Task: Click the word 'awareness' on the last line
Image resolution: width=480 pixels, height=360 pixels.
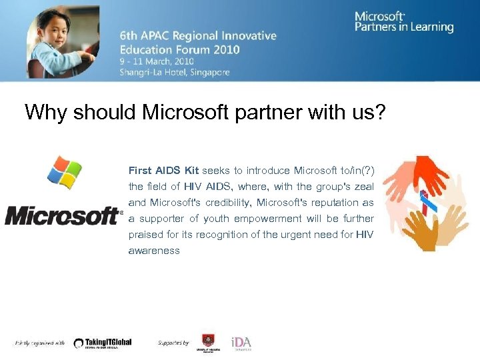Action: [x=154, y=251]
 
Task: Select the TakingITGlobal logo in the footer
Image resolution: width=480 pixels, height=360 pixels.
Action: [x=103, y=343]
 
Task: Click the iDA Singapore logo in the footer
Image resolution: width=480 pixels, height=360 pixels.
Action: [x=241, y=343]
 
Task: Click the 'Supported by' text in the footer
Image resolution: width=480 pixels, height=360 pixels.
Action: [x=173, y=343]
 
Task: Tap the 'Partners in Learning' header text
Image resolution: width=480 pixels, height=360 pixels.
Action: [x=403, y=27]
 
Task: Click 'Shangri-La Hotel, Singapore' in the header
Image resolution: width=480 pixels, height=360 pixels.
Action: [x=175, y=72]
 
